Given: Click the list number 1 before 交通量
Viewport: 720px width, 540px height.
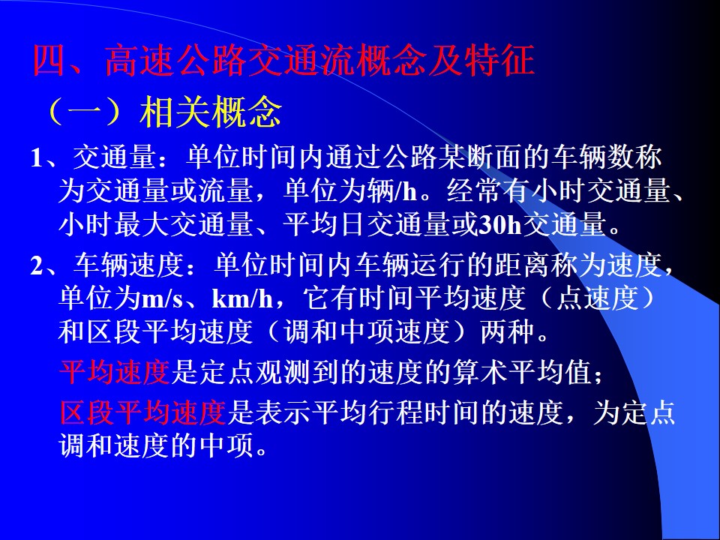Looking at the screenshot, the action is [x=37, y=157].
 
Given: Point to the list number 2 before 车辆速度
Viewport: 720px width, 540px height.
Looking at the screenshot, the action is [x=37, y=265].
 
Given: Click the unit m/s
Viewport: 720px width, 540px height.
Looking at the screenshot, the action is [x=163, y=299].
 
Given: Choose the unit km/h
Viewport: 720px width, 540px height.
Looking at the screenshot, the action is [x=242, y=299].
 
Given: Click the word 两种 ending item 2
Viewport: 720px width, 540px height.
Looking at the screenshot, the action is [x=508, y=331].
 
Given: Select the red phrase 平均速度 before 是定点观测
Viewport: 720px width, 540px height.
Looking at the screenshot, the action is [x=115, y=372].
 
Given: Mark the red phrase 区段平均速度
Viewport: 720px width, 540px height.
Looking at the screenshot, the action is [x=142, y=412].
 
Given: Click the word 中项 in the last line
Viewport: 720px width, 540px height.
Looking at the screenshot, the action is [x=226, y=445].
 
